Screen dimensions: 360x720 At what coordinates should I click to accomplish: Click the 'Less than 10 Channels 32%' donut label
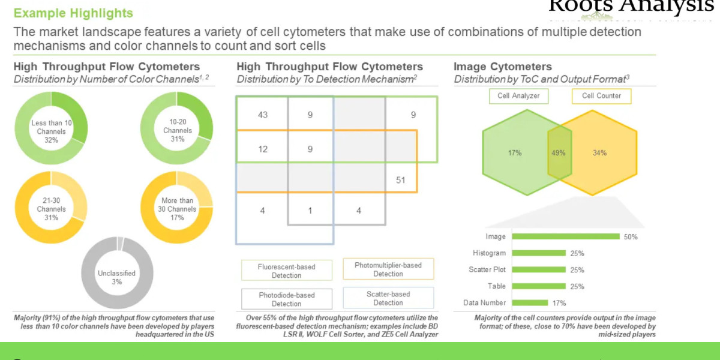[51, 131]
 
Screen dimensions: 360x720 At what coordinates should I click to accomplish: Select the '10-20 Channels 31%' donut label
[178, 130]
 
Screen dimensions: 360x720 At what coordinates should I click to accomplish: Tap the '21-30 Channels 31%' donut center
[51, 209]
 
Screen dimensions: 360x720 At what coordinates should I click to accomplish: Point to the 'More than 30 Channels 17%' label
[178, 209]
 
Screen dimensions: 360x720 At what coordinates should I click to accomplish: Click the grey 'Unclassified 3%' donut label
[116, 277]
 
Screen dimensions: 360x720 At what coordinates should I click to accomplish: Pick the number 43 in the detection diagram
[262, 115]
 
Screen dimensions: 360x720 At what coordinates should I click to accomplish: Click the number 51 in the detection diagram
[400, 179]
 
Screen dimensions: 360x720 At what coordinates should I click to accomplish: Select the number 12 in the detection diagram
[262, 149]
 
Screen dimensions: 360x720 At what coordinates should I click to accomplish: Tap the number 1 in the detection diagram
[310, 211]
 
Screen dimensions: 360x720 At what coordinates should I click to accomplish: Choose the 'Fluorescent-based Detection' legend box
[286, 271]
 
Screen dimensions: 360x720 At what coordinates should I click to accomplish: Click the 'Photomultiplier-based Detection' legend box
[388, 269]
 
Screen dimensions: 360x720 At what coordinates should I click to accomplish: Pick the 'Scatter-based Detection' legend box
[388, 298]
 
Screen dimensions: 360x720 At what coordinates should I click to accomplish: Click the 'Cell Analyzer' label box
[518, 96]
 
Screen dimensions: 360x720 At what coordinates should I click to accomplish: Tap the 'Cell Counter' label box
[601, 96]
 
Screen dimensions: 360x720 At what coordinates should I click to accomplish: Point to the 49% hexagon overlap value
[557, 152]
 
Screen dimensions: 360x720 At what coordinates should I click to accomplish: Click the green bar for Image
[566, 236]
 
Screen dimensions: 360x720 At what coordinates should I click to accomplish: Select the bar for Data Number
[530, 303]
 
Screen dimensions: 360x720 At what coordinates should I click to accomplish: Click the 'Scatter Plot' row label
[488, 270]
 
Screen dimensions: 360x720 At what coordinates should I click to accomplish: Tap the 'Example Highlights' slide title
[73, 13]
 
